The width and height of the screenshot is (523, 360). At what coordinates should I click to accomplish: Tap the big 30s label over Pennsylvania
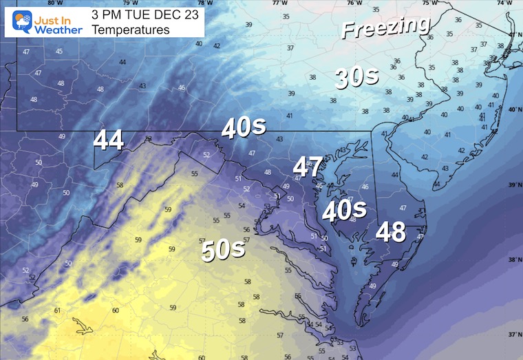point(356,78)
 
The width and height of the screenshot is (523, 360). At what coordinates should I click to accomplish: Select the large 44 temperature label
point(109,140)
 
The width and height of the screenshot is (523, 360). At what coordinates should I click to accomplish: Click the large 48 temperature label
point(390,232)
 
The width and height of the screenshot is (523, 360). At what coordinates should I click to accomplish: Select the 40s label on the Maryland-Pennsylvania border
point(244,127)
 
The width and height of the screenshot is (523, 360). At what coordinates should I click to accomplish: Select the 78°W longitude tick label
point(206,3)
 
